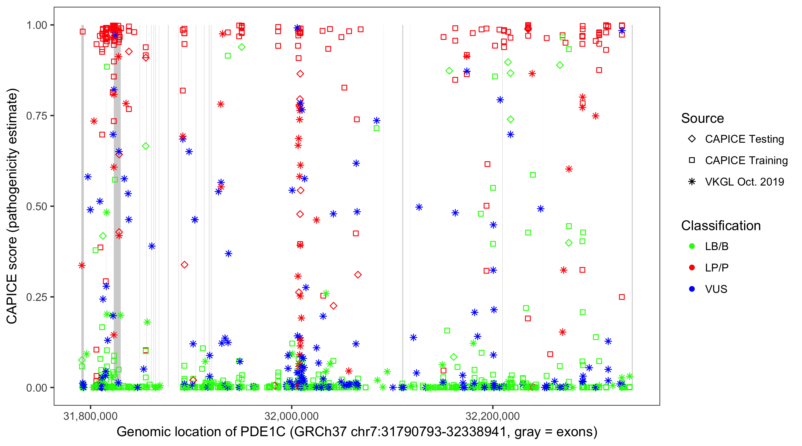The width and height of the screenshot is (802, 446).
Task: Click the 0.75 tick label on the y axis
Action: pyautogui.click(x=37, y=116)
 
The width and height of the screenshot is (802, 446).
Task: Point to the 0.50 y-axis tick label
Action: pyautogui.click(x=37, y=207)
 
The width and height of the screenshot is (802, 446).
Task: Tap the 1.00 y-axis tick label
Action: pyautogui.click(x=37, y=25)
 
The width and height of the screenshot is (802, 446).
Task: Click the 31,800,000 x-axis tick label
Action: pyautogui.click(x=90, y=416)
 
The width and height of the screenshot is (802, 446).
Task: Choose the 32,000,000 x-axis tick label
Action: pyautogui.click(x=291, y=416)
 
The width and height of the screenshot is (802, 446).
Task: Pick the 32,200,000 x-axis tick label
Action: pyautogui.click(x=492, y=416)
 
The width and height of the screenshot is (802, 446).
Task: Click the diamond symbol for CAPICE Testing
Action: pyautogui.click(x=692, y=139)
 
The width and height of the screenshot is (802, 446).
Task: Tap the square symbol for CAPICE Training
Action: pyautogui.click(x=692, y=161)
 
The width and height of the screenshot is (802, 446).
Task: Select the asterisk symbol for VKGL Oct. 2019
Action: pyautogui.click(x=692, y=182)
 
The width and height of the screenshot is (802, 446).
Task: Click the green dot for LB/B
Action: pyautogui.click(x=692, y=246)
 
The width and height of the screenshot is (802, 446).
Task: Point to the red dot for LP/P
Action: pyautogui.click(x=692, y=268)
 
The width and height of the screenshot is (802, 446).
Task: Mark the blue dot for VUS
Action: pyautogui.click(x=692, y=289)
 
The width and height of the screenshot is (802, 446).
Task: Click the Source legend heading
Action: pyautogui.click(x=702, y=118)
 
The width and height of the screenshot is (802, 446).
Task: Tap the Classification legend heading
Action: pyautogui.click(x=721, y=226)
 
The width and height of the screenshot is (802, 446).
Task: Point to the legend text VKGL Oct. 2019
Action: pyautogui.click(x=744, y=182)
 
